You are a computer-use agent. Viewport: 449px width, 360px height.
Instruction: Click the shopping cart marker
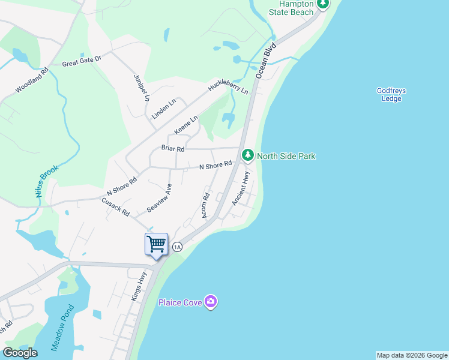tap(156, 245)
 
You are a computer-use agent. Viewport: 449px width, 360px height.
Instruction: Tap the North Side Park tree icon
tap(247, 155)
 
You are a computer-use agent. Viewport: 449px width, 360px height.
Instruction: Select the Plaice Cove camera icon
tap(210, 301)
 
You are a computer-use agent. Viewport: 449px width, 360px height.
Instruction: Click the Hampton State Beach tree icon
tap(324, 4)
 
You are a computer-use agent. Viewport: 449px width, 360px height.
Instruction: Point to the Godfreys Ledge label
tap(391, 95)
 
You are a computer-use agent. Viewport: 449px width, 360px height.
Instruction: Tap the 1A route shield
tap(177, 247)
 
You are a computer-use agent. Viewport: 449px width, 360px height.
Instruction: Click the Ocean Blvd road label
tap(265, 60)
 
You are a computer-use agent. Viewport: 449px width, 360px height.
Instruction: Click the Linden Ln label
tap(164, 109)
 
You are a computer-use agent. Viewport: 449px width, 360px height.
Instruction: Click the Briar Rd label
tap(172, 148)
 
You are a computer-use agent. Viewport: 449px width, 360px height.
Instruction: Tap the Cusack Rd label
tap(116, 208)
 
